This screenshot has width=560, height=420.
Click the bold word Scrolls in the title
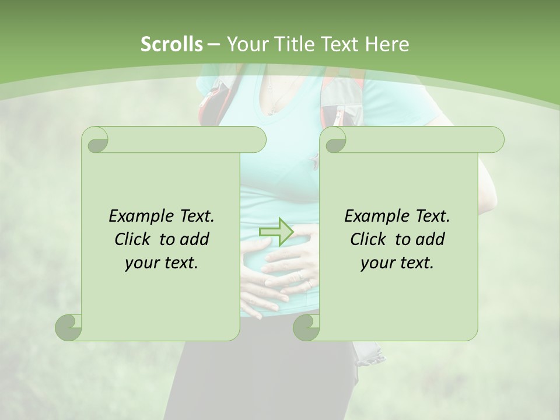pos(171,44)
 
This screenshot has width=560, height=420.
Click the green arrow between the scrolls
pos(276,232)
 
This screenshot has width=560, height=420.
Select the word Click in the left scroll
pos(134,239)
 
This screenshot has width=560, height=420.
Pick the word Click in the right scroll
pos(369,239)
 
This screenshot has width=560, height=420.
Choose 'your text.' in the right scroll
pos(397,263)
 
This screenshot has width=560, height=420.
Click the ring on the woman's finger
pos(300,274)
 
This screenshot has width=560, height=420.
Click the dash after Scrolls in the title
pos(213,44)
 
